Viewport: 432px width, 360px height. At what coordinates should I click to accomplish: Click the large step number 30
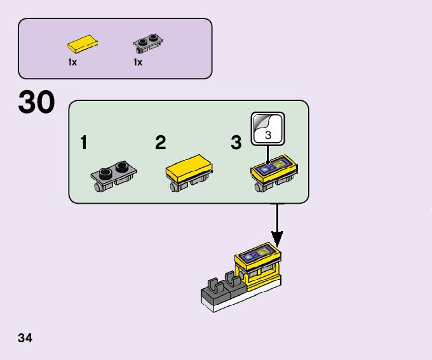37,103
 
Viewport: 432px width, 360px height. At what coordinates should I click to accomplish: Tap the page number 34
25,338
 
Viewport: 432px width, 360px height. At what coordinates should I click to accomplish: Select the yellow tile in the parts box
83,45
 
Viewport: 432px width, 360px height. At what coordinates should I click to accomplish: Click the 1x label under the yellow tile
73,62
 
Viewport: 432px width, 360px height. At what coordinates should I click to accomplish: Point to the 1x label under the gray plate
138,62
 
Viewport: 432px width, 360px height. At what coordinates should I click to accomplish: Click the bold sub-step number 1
84,143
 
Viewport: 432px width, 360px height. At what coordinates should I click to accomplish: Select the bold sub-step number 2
160,143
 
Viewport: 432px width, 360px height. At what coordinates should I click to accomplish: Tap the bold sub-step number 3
236,143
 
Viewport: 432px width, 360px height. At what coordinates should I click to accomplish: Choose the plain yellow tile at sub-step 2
189,167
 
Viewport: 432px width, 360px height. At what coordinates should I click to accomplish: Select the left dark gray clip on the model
213,284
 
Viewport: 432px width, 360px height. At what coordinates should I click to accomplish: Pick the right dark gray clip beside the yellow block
229,279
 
